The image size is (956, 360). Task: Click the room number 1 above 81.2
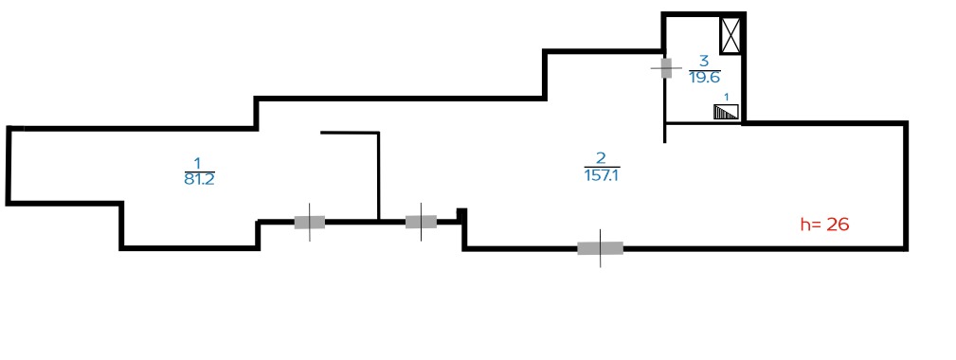pos(197,163)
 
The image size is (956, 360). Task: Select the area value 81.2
pos(199,180)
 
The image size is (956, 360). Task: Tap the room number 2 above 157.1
pos(601,158)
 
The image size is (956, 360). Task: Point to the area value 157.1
pos(602,176)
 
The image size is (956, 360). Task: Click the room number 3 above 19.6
pos(704,61)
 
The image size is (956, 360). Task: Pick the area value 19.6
pos(705,78)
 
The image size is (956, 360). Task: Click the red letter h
pos(806,225)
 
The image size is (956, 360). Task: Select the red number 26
pos(839,225)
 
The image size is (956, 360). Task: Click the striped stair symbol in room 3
pos(726,112)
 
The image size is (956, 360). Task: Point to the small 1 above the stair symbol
pos(726,98)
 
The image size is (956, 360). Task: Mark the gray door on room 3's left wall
pos(666,68)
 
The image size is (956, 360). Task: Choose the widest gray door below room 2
pos(601,248)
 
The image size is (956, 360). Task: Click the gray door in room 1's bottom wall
pos(310,223)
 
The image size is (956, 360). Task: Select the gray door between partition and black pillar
pos(422,222)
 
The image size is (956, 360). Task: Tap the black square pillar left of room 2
pos(462,214)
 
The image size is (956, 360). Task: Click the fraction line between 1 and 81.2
pos(199,171)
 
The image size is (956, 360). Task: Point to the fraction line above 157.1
pos(602,167)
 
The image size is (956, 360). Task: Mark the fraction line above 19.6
pos(705,69)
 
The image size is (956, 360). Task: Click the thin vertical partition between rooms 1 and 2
pos(379,176)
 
